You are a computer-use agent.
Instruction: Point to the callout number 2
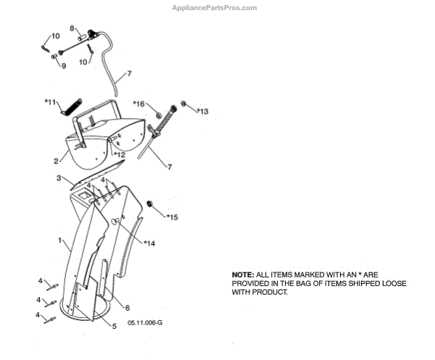click(55, 160)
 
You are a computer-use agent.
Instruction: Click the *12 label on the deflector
click(119, 154)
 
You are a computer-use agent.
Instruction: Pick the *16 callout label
click(138, 104)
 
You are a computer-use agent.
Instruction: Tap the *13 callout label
click(202, 112)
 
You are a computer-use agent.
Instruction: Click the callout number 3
click(58, 177)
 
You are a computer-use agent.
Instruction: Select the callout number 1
click(60, 239)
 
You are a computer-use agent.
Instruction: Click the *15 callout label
click(172, 217)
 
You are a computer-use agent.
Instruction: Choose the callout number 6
click(127, 307)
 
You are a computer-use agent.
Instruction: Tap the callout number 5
click(113, 325)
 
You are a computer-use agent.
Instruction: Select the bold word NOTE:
click(243, 275)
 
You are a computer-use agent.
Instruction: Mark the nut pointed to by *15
click(150, 203)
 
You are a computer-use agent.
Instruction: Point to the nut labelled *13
click(184, 104)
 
